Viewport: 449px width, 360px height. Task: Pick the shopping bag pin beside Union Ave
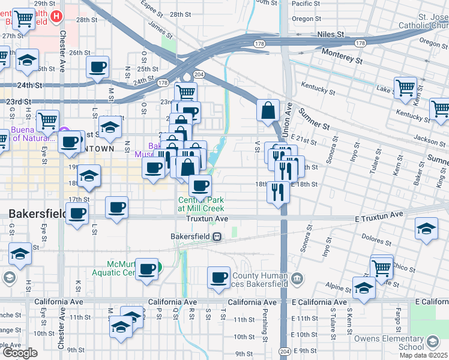tap(268, 110)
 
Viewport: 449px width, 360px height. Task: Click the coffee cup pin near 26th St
tap(97, 67)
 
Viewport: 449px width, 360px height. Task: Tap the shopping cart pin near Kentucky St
tap(405, 88)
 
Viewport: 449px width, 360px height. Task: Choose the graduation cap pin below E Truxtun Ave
tap(426, 229)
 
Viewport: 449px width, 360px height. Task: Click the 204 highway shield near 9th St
tap(285, 351)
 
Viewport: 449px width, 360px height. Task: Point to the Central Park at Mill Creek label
tap(200, 203)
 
